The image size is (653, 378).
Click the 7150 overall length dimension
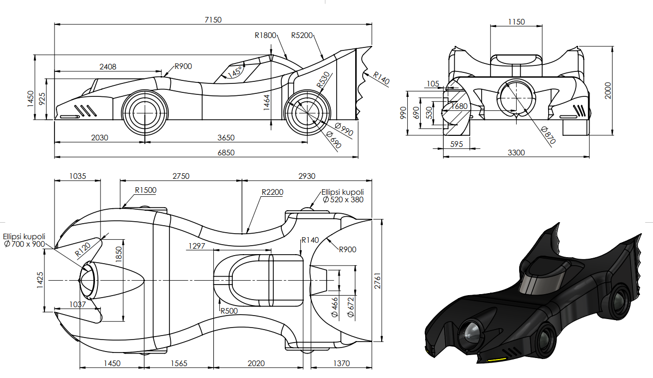213,19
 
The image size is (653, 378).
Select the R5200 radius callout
302,35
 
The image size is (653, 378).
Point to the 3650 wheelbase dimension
226,137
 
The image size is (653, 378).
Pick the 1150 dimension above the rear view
516,22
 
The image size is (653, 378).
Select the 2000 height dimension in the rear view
608,90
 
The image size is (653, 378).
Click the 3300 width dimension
516,152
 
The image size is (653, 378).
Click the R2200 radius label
273,192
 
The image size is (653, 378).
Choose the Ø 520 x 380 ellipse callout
343,196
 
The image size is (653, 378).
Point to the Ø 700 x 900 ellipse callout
24,240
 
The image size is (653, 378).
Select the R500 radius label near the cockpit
229,311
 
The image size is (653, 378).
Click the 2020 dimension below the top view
256,363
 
